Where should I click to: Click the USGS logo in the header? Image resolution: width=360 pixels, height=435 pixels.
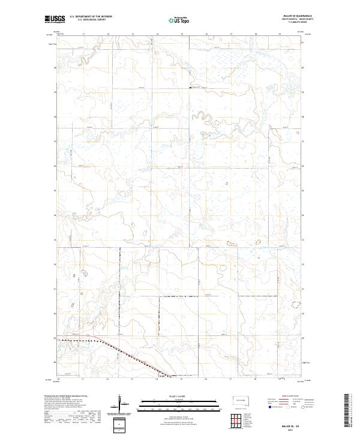tap(55, 20)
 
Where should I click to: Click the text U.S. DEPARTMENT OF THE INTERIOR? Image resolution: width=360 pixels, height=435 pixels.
tap(91, 17)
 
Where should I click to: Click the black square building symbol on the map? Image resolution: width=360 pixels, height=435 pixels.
tap(190, 88)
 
